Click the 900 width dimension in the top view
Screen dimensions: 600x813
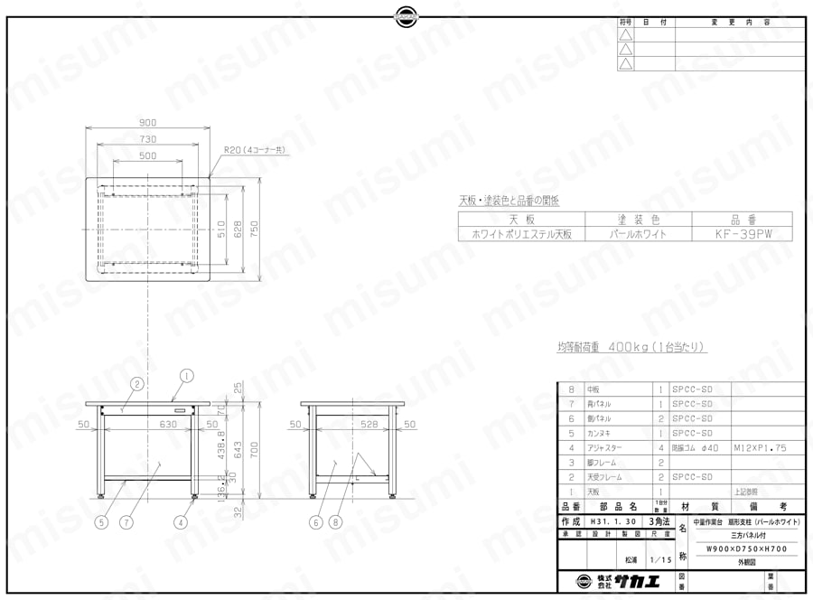click(x=148, y=124)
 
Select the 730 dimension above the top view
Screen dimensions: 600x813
click(x=148, y=139)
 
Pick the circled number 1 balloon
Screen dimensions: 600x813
click(x=186, y=375)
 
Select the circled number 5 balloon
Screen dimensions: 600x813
click(x=102, y=521)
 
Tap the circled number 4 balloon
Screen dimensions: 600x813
click(x=181, y=521)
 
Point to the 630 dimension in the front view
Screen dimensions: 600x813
click(x=143, y=423)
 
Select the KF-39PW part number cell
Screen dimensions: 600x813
click(x=740, y=232)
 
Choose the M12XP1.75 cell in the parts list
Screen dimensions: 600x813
click(x=755, y=446)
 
